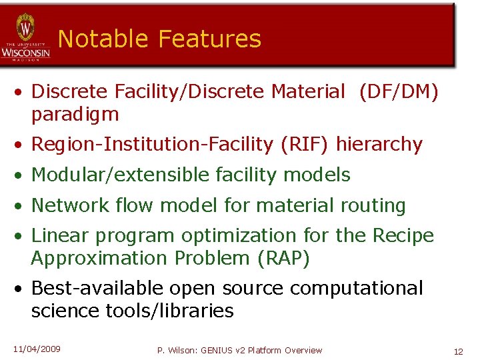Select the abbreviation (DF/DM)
[399, 92]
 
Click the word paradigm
[75, 115]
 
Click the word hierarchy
[379, 144]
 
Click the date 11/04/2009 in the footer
[37, 349]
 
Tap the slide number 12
[458, 351]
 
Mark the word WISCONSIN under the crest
[25, 52]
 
